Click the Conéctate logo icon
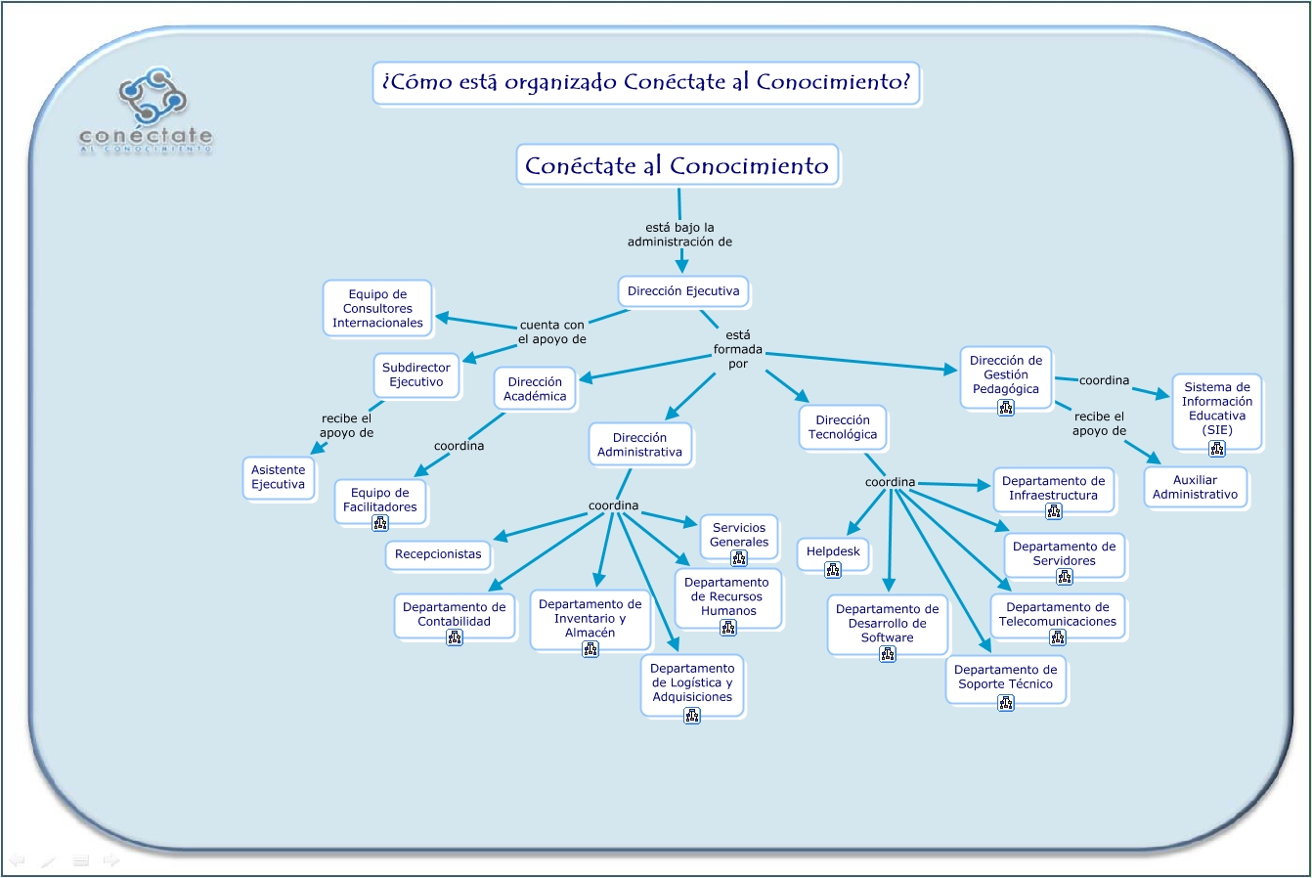tap(153, 96)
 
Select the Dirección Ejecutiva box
tap(683, 291)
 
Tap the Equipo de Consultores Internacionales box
tap(377, 308)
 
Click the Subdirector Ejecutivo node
tap(416, 374)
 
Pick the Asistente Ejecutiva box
tap(279, 477)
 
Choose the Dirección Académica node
tap(535, 388)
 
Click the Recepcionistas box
tap(438, 554)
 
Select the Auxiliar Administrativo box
tap(1196, 487)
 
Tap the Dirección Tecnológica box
tap(843, 427)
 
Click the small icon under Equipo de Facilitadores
tap(380, 523)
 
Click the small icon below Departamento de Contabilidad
tap(455, 637)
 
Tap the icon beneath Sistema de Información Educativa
tap(1217, 449)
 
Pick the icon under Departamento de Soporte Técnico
tap(1006, 703)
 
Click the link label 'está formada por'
tap(738, 349)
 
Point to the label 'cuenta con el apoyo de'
tap(551, 331)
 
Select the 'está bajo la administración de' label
tap(680, 235)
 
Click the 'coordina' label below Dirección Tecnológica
tap(890, 482)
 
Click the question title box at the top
tap(646, 82)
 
